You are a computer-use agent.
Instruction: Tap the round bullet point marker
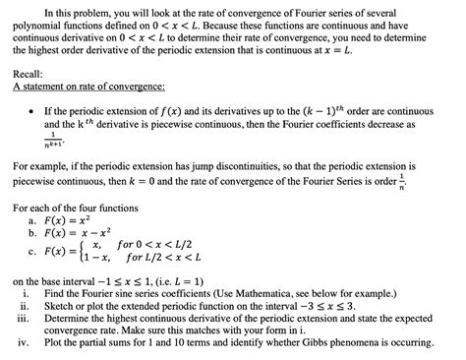tap(34, 113)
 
